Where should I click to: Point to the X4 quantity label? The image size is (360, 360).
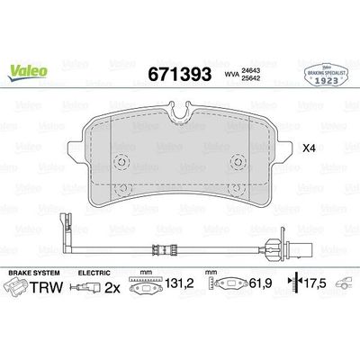point(310,148)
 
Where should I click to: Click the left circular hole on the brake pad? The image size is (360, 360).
point(123,163)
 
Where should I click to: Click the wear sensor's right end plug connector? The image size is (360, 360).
point(298,242)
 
